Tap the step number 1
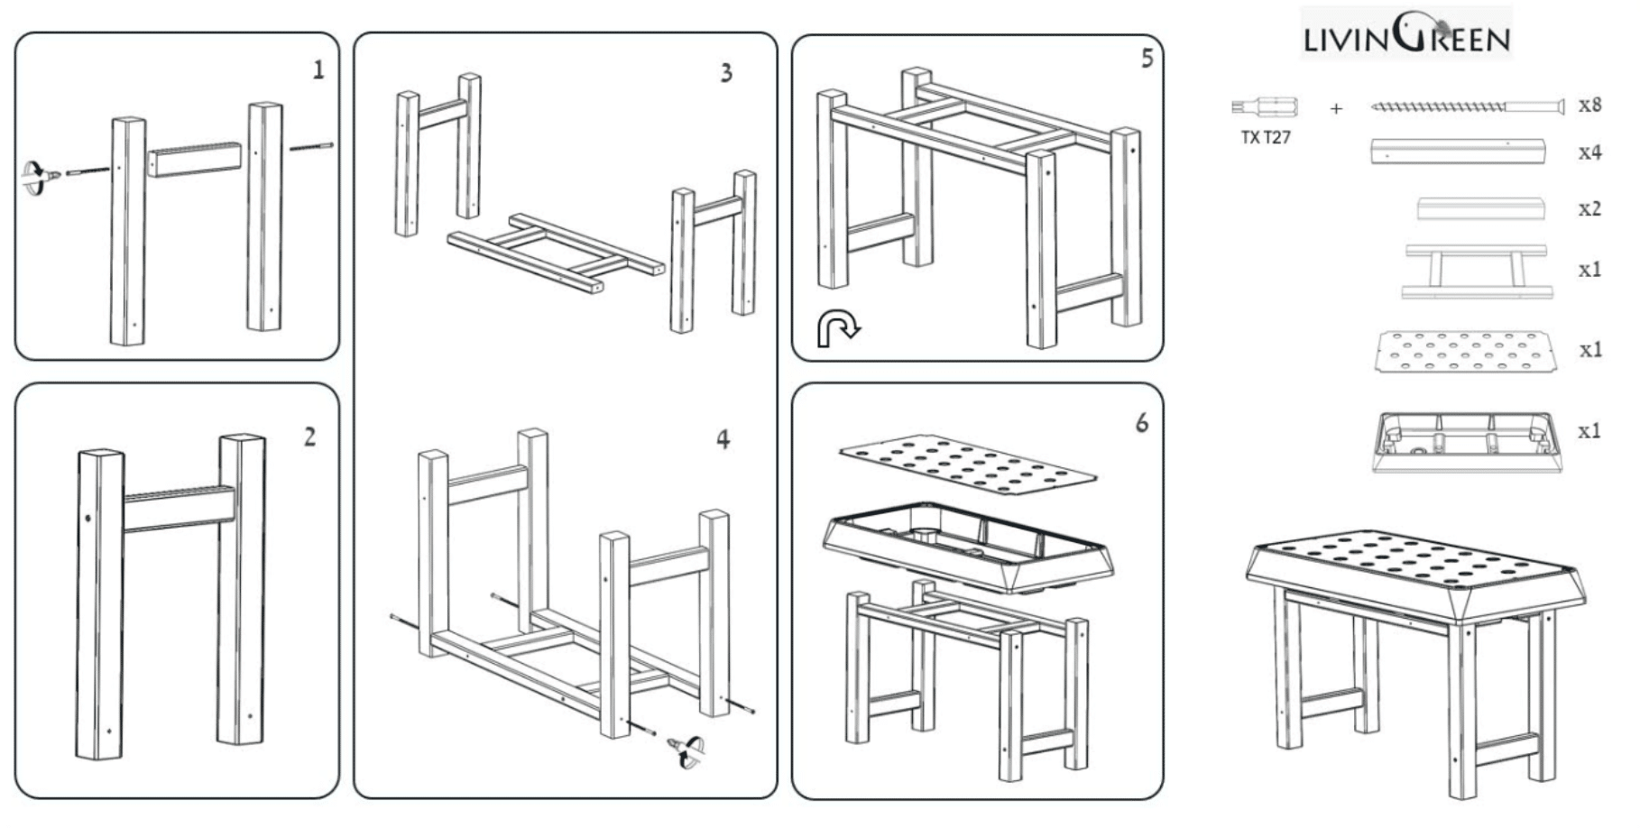pyautogui.click(x=318, y=69)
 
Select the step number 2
pyautogui.click(x=309, y=437)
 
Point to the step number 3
pyautogui.click(x=726, y=73)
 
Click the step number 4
pyautogui.click(x=723, y=440)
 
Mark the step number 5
pyautogui.click(x=1147, y=59)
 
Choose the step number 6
pyautogui.click(x=1142, y=423)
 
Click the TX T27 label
pyautogui.click(x=1265, y=138)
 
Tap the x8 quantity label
pyautogui.click(x=1589, y=106)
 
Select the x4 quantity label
pyautogui.click(x=1589, y=152)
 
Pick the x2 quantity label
pyautogui.click(x=1589, y=209)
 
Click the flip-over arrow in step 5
pyautogui.click(x=837, y=328)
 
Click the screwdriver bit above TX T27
pyautogui.click(x=1264, y=107)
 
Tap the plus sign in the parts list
pyautogui.click(x=1336, y=109)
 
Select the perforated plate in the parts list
pyautogui.click(x=1466, y=351)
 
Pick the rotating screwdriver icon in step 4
pyautogui.click(x=687, y=751)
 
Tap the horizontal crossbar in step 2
pyautogui.click(x=179, y=509)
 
